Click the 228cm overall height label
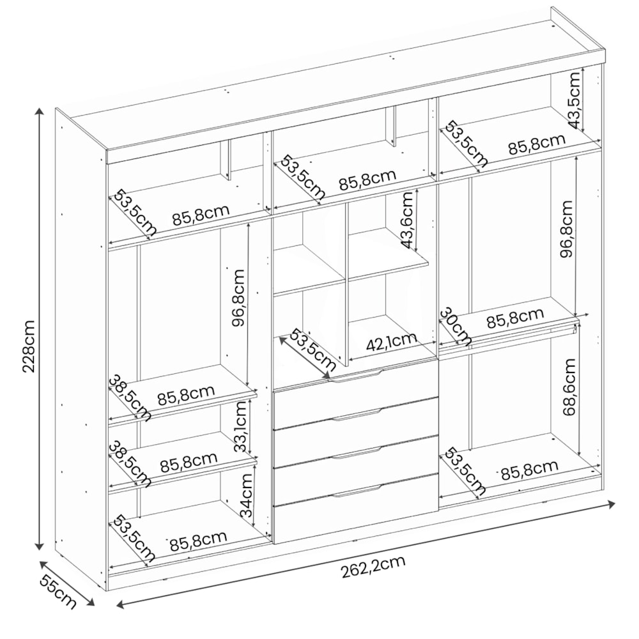tap(29, 346)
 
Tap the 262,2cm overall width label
tap(373, 567)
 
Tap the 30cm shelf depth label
tap(456, 327)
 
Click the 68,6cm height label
tap(569, 387)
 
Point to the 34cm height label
tap(246, 495)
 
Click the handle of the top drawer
tap(355, 376)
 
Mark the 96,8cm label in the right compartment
tap(566, 229)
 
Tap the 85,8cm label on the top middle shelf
tap(367, 180)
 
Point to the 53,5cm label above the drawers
tap(312, 349)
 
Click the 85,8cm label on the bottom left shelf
tap(198, 541)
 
